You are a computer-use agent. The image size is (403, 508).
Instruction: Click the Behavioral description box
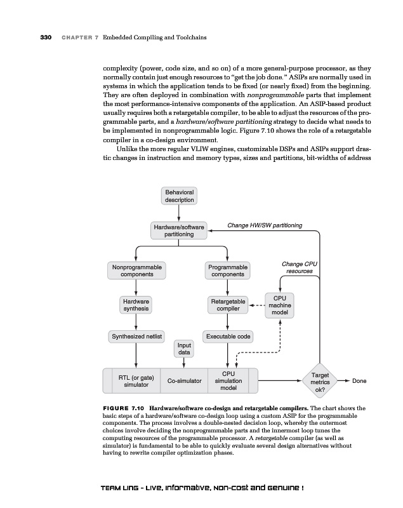coord(180,196)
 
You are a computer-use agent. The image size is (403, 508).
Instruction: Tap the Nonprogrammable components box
coord(136,271)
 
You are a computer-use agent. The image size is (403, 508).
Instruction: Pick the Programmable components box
coord(228,271)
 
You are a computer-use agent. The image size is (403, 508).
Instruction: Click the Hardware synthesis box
coord(136,305)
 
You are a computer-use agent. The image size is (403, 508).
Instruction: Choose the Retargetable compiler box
coord(228,305)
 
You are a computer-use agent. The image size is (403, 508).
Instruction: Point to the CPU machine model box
coord(280,305)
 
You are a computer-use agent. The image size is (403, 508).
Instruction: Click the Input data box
coord(184,348)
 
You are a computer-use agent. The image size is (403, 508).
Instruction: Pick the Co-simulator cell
coord(184,381)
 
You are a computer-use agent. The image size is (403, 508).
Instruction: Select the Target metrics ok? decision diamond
coord(319,381)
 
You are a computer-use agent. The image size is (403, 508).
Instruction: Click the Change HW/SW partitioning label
coord(265,225)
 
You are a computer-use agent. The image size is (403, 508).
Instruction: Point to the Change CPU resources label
coord(300,267)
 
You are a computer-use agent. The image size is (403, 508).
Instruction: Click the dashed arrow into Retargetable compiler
coord(256,305)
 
